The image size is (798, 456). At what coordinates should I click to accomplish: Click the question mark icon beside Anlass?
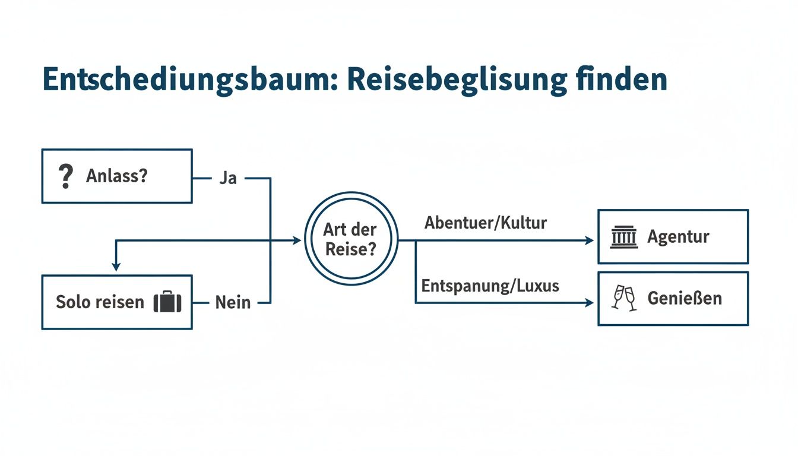[65, 176]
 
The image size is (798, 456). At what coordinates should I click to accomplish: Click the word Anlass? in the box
[117, 176]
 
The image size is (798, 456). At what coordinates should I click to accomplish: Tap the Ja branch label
[228, 178]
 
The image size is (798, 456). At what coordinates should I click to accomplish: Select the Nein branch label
[233, 302]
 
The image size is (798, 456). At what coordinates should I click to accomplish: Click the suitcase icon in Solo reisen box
[167, 302]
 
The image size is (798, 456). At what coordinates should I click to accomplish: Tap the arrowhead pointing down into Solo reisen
[116, 267]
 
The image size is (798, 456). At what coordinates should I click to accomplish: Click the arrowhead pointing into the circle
[297, 240]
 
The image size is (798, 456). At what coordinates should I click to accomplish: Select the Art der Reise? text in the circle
[350, 239]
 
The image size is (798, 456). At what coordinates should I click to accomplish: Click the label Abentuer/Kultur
[486, 223]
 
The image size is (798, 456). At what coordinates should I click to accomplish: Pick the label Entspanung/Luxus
[490, 286]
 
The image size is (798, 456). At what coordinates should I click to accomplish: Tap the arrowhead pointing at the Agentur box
[589, 240]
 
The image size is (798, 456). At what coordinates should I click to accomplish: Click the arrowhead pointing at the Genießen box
[589, 303]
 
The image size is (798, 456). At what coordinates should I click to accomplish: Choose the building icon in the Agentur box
[624, 236]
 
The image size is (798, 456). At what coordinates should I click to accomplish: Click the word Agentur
[678, 236]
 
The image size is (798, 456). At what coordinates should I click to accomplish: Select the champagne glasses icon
[624, 298]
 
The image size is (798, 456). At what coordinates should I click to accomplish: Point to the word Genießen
[685, 298]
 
